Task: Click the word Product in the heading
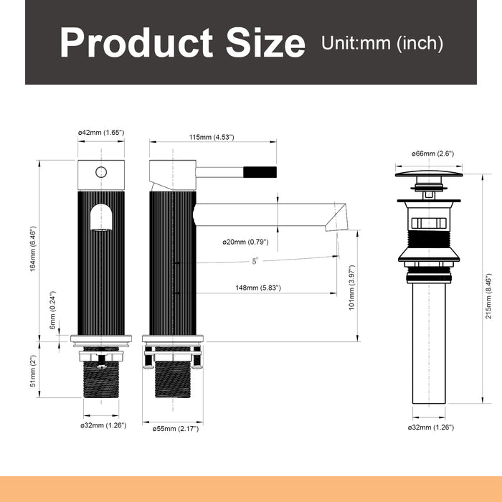click(x=136, y=42)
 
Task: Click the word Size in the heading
click(x=265, y=42)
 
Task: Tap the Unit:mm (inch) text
click(x=382, y=43)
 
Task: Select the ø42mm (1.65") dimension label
click(x=101, y=133)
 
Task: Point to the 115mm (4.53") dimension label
click(x=212, y=138)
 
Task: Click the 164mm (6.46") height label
click(x=33, y=249)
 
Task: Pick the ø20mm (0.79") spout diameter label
click(x=245, y=242)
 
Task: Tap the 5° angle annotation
click(x=255, y=261)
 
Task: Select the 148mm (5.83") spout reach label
click(x=258, y=288)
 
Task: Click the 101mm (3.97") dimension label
click(x=352, y=288)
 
